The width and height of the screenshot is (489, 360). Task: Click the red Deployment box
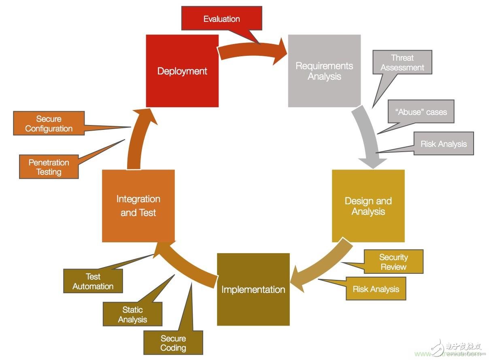click(182, 71)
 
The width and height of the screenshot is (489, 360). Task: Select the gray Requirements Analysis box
click(324, 71)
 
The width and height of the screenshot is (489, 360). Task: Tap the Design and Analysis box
click(368, 206)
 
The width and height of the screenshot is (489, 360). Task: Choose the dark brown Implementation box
click(253, 289)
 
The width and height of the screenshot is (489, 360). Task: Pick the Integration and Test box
click(138, 206)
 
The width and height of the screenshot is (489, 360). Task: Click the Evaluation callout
click(221, 19)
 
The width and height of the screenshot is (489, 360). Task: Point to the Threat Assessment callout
click(402, 62)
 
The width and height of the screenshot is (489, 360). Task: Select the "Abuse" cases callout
click(421, 112)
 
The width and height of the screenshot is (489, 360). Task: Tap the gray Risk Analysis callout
click(443, 144)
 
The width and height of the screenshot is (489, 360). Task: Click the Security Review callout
click(393, 262)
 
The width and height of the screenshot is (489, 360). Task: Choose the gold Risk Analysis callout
click(376, 289)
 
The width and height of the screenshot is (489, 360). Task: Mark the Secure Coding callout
click(173, 343)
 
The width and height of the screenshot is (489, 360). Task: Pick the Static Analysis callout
click(132, 314)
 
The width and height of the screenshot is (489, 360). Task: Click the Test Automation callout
click(93, 281)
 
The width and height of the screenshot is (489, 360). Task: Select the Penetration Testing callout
click(49, 167)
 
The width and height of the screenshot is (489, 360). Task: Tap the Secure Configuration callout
click(49, 124)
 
